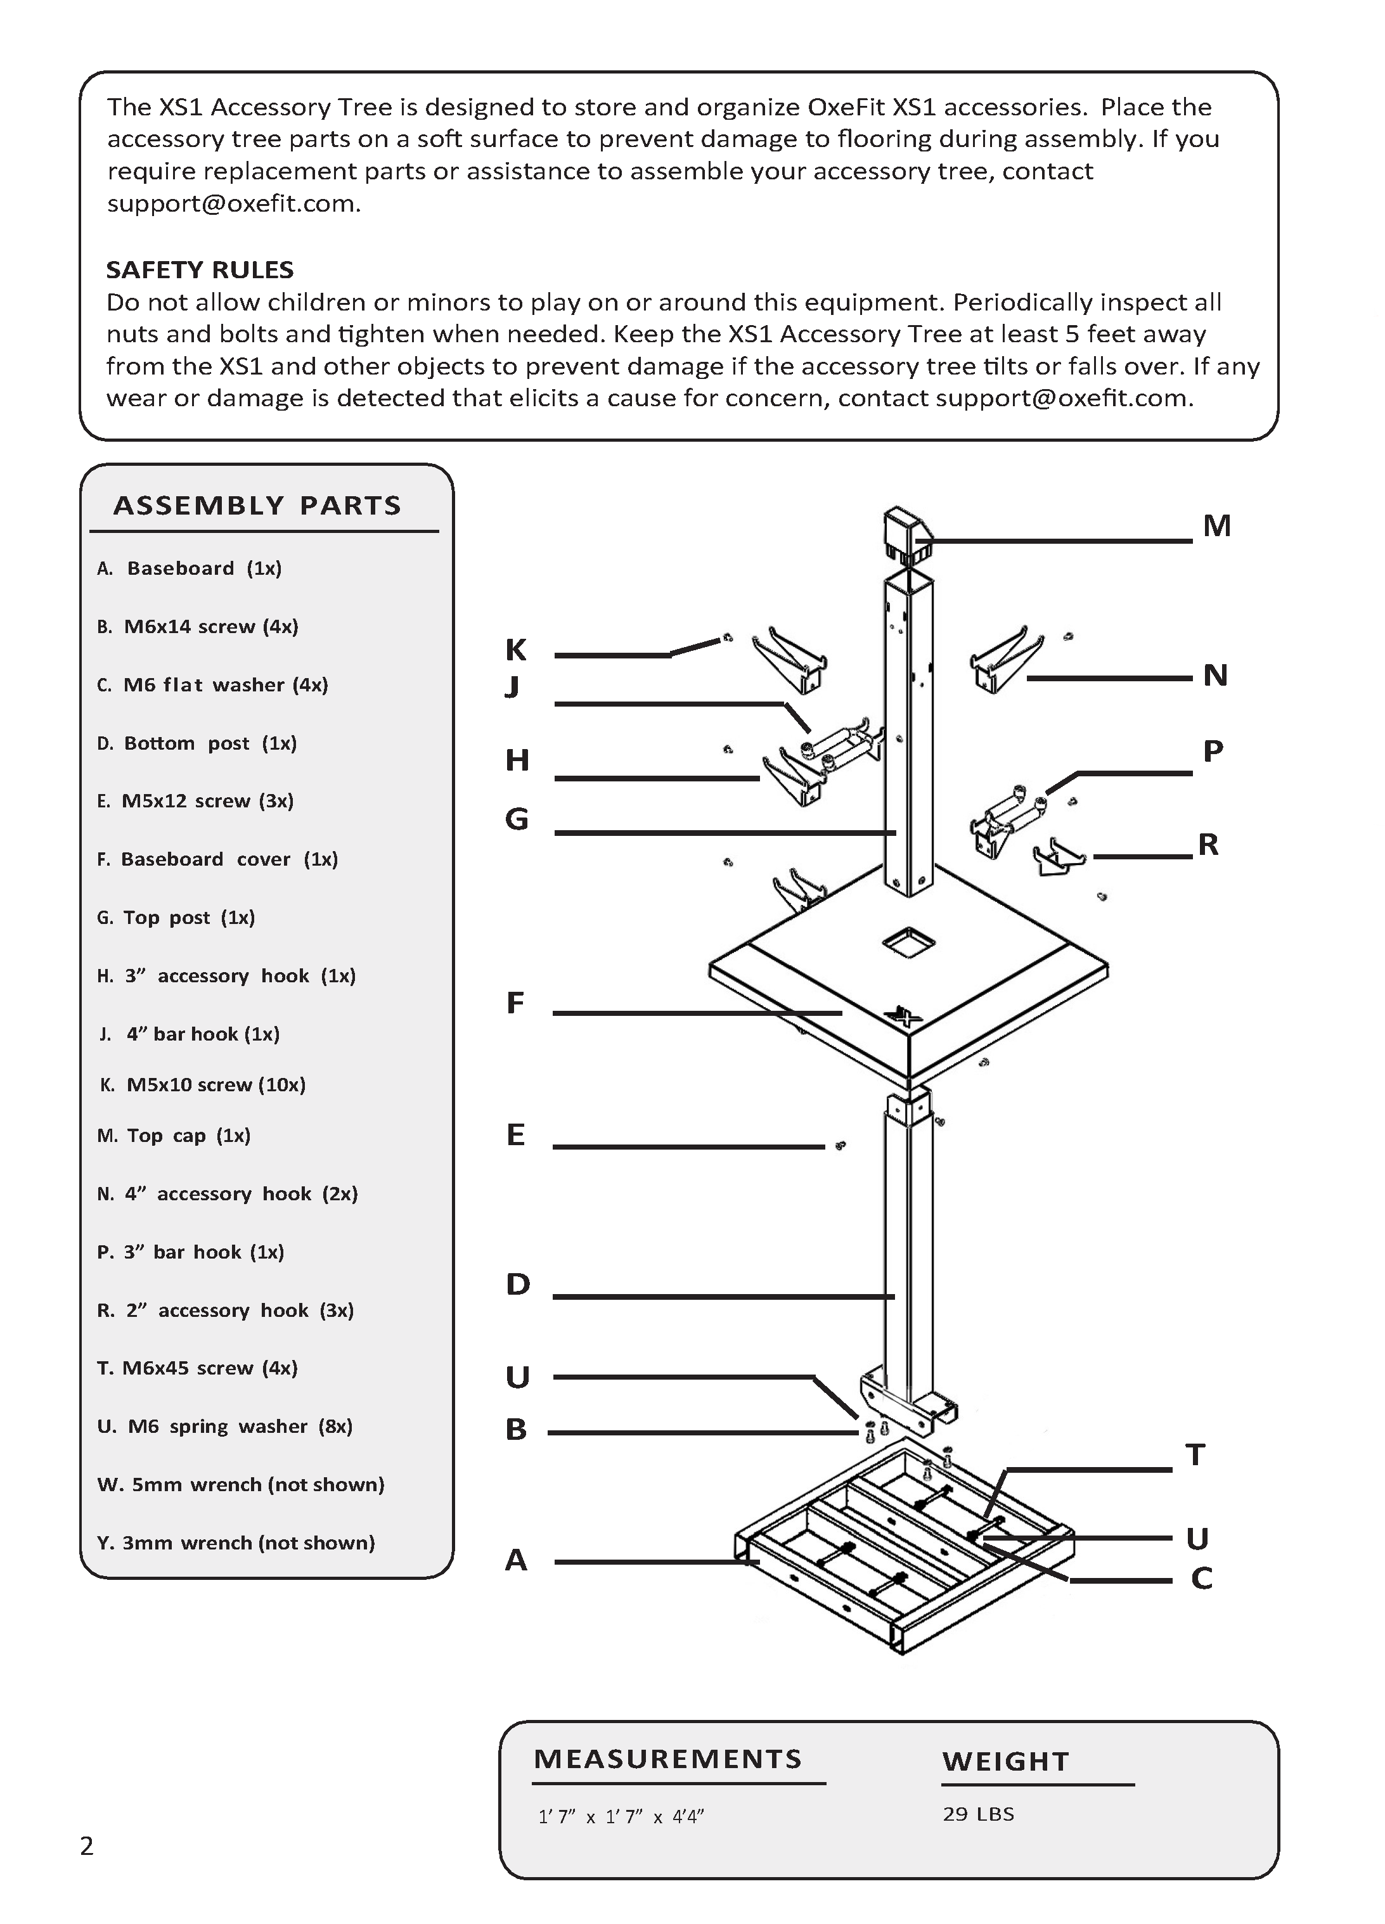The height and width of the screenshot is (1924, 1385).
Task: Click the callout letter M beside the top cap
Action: point(1216,526)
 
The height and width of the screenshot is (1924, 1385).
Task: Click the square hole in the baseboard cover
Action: point(908,939)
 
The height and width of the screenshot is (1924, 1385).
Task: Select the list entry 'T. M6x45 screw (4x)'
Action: point(197,1368)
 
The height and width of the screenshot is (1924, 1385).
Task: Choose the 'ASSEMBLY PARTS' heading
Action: point(257,506)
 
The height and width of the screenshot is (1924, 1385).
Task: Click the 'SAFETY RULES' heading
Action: point(200,270)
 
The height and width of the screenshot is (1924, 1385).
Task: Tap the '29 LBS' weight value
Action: point(977,1814)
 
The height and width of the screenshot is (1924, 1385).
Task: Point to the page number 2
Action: point(87,1846)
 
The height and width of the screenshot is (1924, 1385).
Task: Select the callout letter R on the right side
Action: point(1208,844)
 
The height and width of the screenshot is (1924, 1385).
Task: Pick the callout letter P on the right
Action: point(1213,751)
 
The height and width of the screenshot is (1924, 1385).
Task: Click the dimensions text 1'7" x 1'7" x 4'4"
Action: point(621,1816)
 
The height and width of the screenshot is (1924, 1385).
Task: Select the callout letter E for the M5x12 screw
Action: point(515,1134)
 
